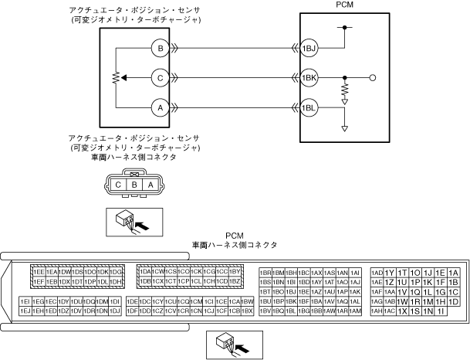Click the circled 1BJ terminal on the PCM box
[x=309, y=49]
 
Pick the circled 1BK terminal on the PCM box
[x=309, y=78]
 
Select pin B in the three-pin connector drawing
[x=134, y=185]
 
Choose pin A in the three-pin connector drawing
[x=150, y=185]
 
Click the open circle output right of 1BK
[x=373, y=78]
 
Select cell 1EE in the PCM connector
[x=38, y=273]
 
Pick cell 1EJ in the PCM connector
[x=25, y=311]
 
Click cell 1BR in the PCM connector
[x=265, y=273]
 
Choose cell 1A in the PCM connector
[x=454, y=273]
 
